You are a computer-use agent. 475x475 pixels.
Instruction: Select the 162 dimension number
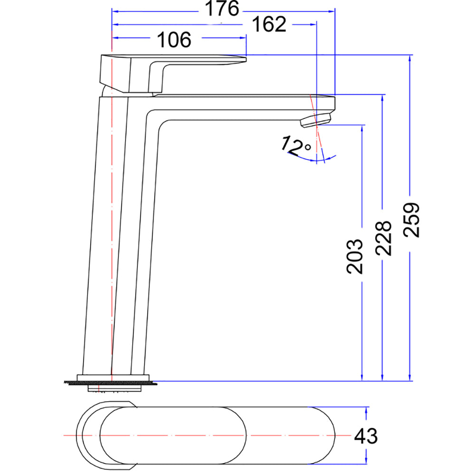(x=269, y=24)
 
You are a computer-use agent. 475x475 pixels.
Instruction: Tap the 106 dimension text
(x=174, y=40)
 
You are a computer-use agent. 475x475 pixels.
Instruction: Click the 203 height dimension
(x=354, y=256)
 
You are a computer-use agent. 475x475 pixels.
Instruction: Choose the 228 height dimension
(x=383, y=238)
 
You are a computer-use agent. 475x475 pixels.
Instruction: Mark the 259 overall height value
(x=411, y=220)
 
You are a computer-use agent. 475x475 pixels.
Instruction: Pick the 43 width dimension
(x=366, y=436)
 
